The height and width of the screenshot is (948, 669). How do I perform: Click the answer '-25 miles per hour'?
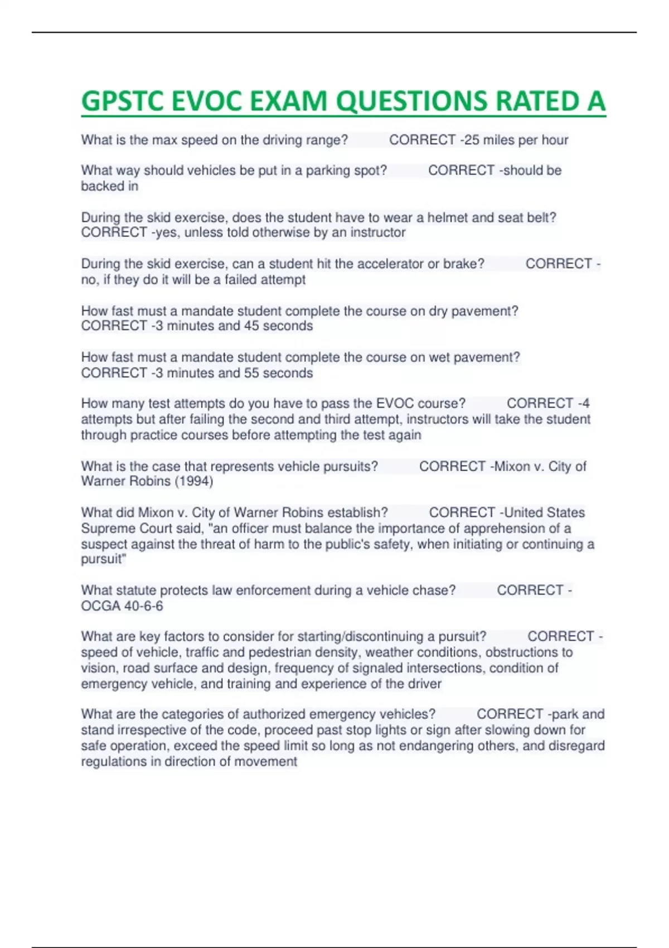(x=513, y=140)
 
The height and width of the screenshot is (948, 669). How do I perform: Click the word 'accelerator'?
(x=390, y=264)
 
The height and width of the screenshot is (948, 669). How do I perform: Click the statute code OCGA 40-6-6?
(x=122, y=606)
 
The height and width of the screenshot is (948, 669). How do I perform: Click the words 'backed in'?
(x=109, y=186)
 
